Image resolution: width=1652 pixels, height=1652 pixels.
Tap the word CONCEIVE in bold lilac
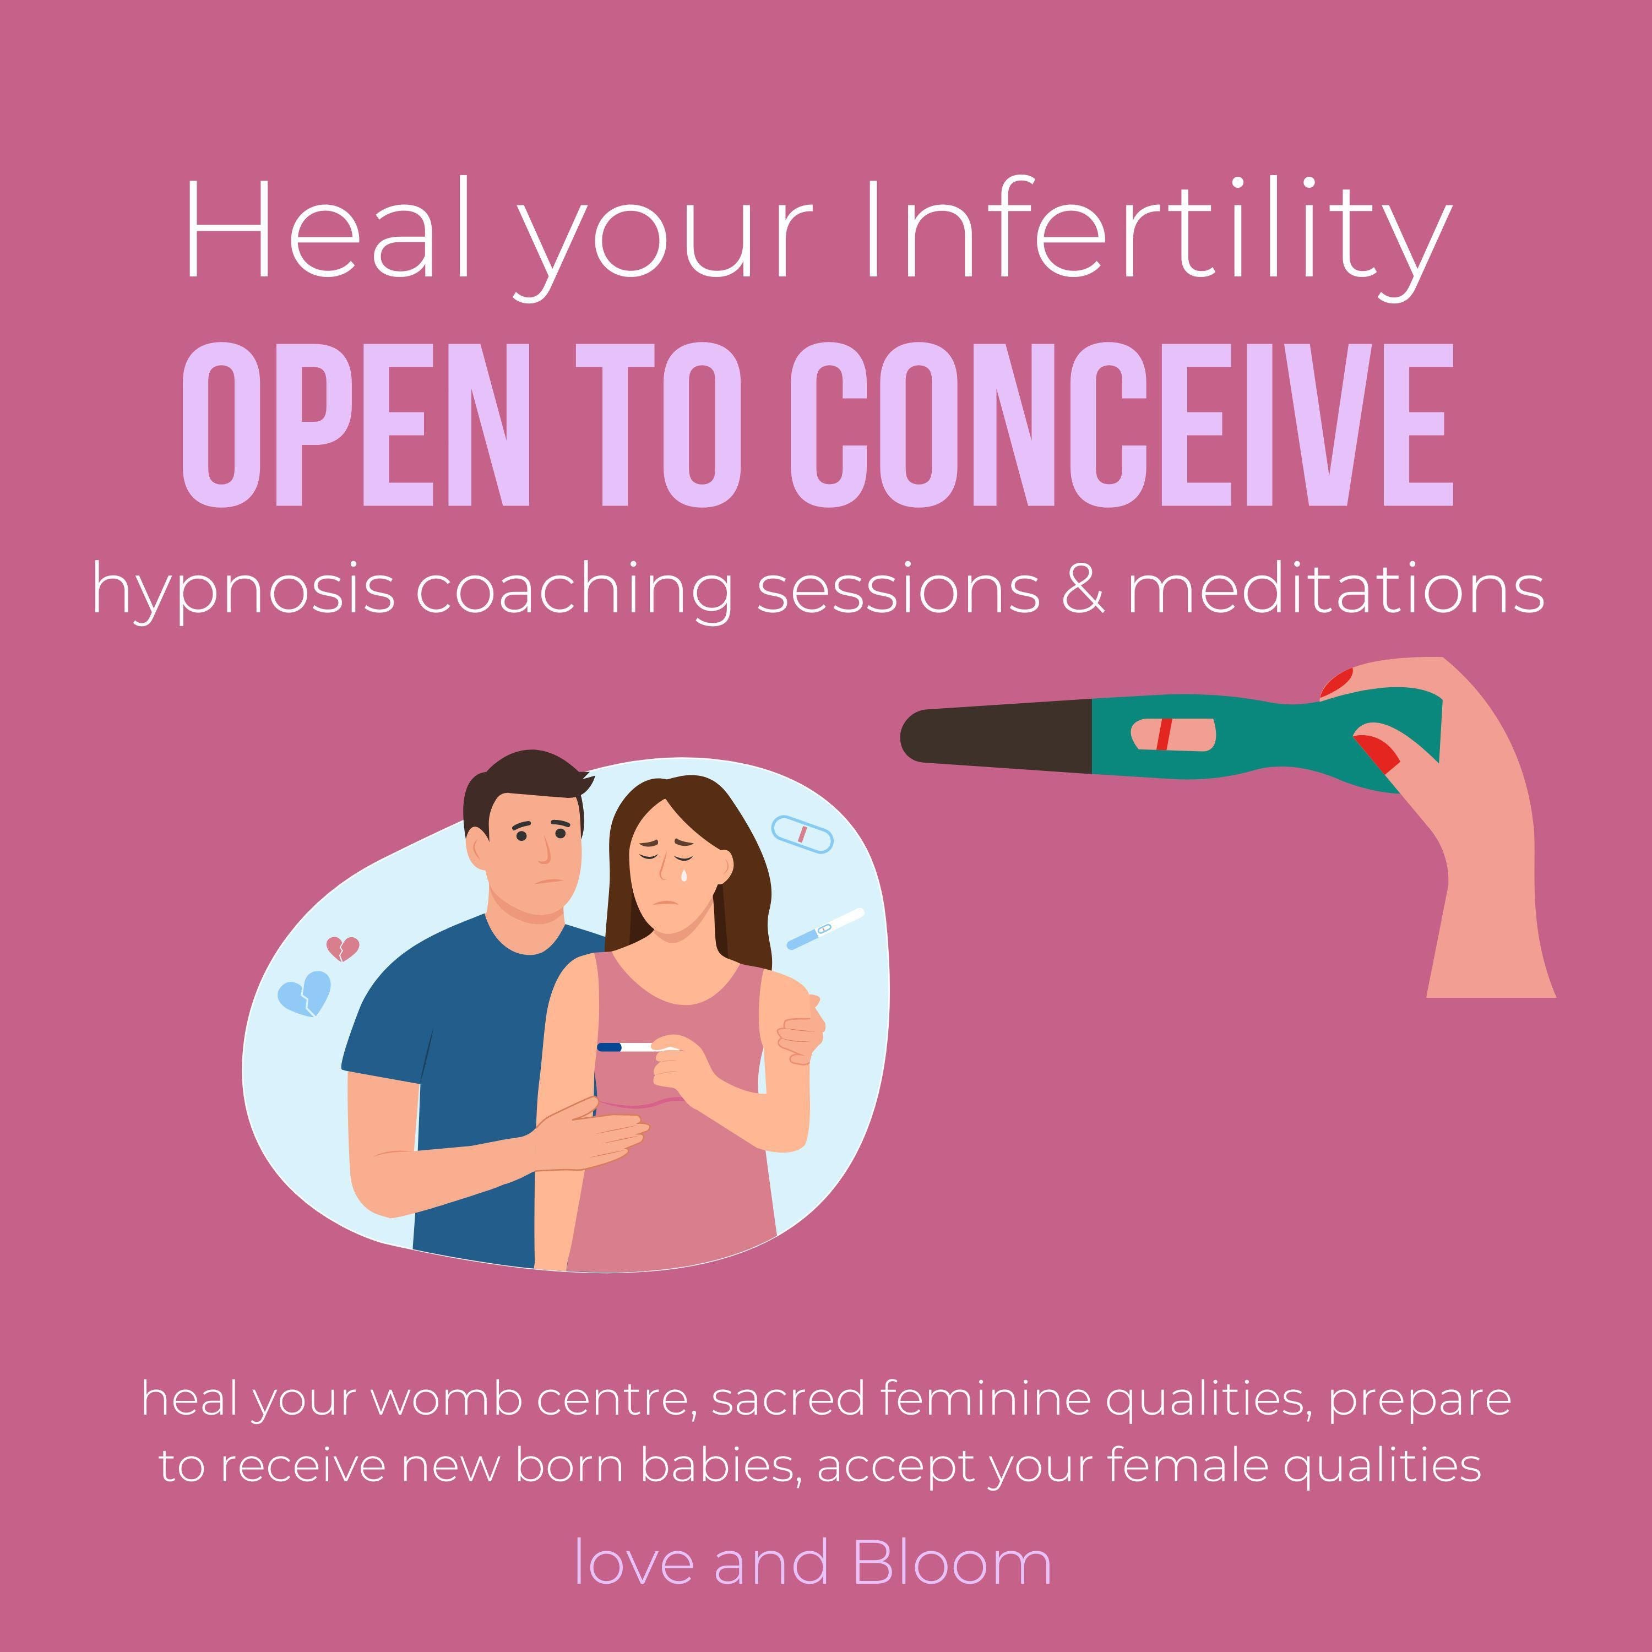pyautogui.click(x=1121, y=425)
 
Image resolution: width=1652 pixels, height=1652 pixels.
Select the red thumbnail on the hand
pyautogui.click(x=1377, y=752)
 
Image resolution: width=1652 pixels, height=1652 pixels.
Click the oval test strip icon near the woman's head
pyautogui.click(x=802, y=834)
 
